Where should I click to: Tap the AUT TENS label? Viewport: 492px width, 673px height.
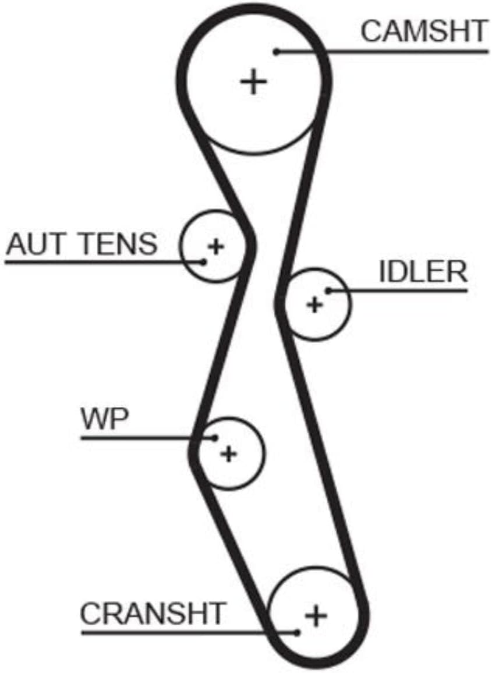(x=82, y=243)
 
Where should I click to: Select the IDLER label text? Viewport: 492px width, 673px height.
(x=423, y=271)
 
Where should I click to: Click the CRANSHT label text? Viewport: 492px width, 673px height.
(x=153, y=613)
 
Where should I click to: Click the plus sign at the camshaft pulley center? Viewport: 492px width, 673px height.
(x=254, y=82)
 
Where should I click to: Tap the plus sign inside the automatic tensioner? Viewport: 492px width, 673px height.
(x=216, y=246)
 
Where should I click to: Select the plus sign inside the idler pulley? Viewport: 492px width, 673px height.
(x=314, y=304)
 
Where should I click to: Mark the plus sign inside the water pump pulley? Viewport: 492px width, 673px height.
(x=228, y=454)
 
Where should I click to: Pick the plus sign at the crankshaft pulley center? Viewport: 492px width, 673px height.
(x=316, y=615)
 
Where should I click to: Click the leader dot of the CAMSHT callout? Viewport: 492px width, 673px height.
(x=277, y=52)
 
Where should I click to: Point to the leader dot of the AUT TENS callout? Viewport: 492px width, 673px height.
(x=204, y=261)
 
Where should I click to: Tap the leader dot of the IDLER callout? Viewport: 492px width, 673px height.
(x=328, y=291)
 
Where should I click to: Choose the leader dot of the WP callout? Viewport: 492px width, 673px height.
(x=215, y=438)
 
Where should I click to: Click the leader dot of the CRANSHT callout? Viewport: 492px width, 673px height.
(x=297, y=632)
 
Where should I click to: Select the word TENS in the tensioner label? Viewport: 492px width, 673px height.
(x=119, y=243)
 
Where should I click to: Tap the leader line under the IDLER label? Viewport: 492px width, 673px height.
(x=398, y=291)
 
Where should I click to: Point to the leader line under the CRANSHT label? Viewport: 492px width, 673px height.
(x=189, y=632)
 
